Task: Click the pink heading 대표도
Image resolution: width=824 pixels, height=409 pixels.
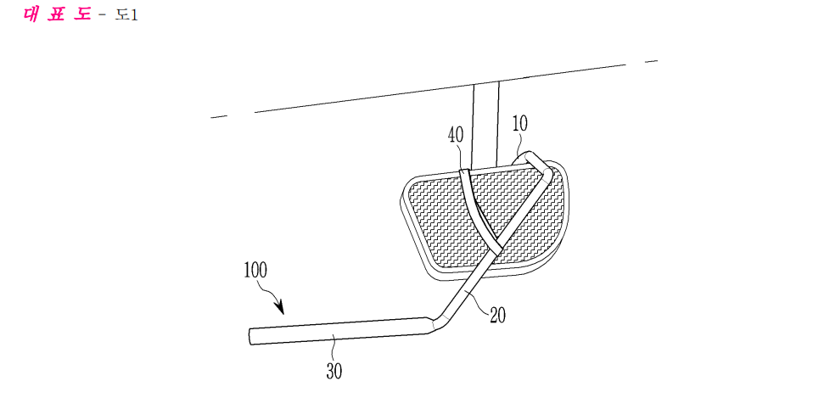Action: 57,14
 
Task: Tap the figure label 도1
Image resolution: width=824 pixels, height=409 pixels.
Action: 126,14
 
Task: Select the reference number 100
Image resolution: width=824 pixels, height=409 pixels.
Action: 255,270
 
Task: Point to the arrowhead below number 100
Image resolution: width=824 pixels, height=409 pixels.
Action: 279,307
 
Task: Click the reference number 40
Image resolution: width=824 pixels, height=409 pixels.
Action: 456,135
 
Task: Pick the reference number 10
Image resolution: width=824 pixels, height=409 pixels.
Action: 519,124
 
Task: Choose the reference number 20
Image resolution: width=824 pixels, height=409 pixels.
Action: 497,315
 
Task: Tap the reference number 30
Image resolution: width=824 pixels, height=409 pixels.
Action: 334,371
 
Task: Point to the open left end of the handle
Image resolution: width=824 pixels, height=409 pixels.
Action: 252,337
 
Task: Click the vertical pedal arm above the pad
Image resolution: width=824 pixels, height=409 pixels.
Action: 485,126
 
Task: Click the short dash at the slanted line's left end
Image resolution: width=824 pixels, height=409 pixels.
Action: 219,116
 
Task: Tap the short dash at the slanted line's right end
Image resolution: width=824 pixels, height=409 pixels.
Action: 651,61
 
